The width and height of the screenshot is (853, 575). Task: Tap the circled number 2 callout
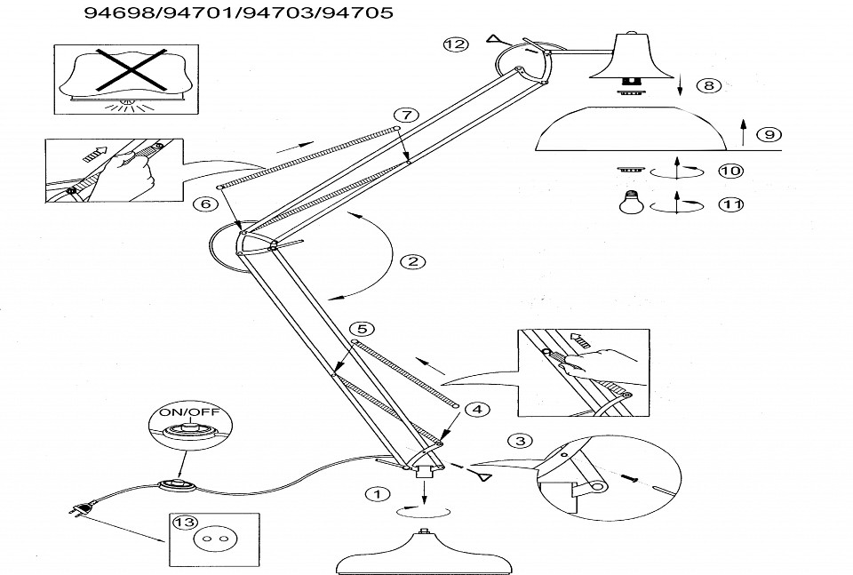(x=411, y=261)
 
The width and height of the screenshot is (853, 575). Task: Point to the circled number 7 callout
(x=405, y=116)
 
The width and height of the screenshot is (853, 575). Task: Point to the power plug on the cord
(x=81, y=511)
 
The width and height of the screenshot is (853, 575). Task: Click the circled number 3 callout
(x=521, y=441)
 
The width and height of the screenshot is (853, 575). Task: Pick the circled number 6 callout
(x=205, y=204)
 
